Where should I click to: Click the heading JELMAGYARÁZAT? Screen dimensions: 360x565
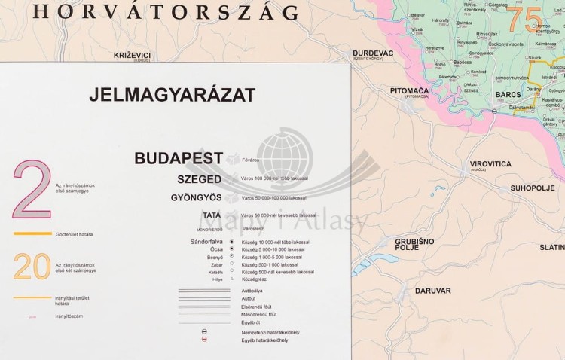coord(172,95)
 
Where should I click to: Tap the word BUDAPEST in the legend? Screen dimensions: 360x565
coord(179,158)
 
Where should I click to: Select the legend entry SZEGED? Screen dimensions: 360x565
coord(199,179)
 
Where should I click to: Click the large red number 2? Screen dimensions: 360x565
coord(31,190)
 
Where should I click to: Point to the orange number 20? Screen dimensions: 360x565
coord(32,267)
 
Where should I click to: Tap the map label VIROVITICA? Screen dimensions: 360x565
coord(490,163)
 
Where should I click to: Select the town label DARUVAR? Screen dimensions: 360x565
coord(432,290)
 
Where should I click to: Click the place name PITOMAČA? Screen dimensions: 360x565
coord(409,90)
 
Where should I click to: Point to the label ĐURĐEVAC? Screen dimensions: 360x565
coord(373,53)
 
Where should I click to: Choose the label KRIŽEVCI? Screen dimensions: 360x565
coord(132,55)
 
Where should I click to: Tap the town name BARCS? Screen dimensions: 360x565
coord(508,95)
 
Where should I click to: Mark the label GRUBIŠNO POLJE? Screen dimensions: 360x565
coord(414,243)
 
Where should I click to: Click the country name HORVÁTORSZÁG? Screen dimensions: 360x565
coord(166,12)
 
